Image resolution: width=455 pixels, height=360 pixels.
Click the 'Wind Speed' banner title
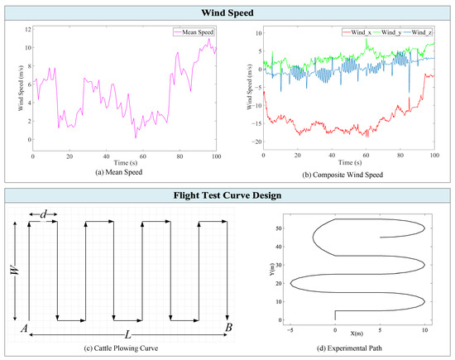tap(227, 12)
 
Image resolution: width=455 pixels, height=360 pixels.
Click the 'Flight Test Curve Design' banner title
tap(227, 197)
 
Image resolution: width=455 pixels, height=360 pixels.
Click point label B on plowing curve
tap(227, 329)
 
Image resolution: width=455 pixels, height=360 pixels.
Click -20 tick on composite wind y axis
tap(256, 142)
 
